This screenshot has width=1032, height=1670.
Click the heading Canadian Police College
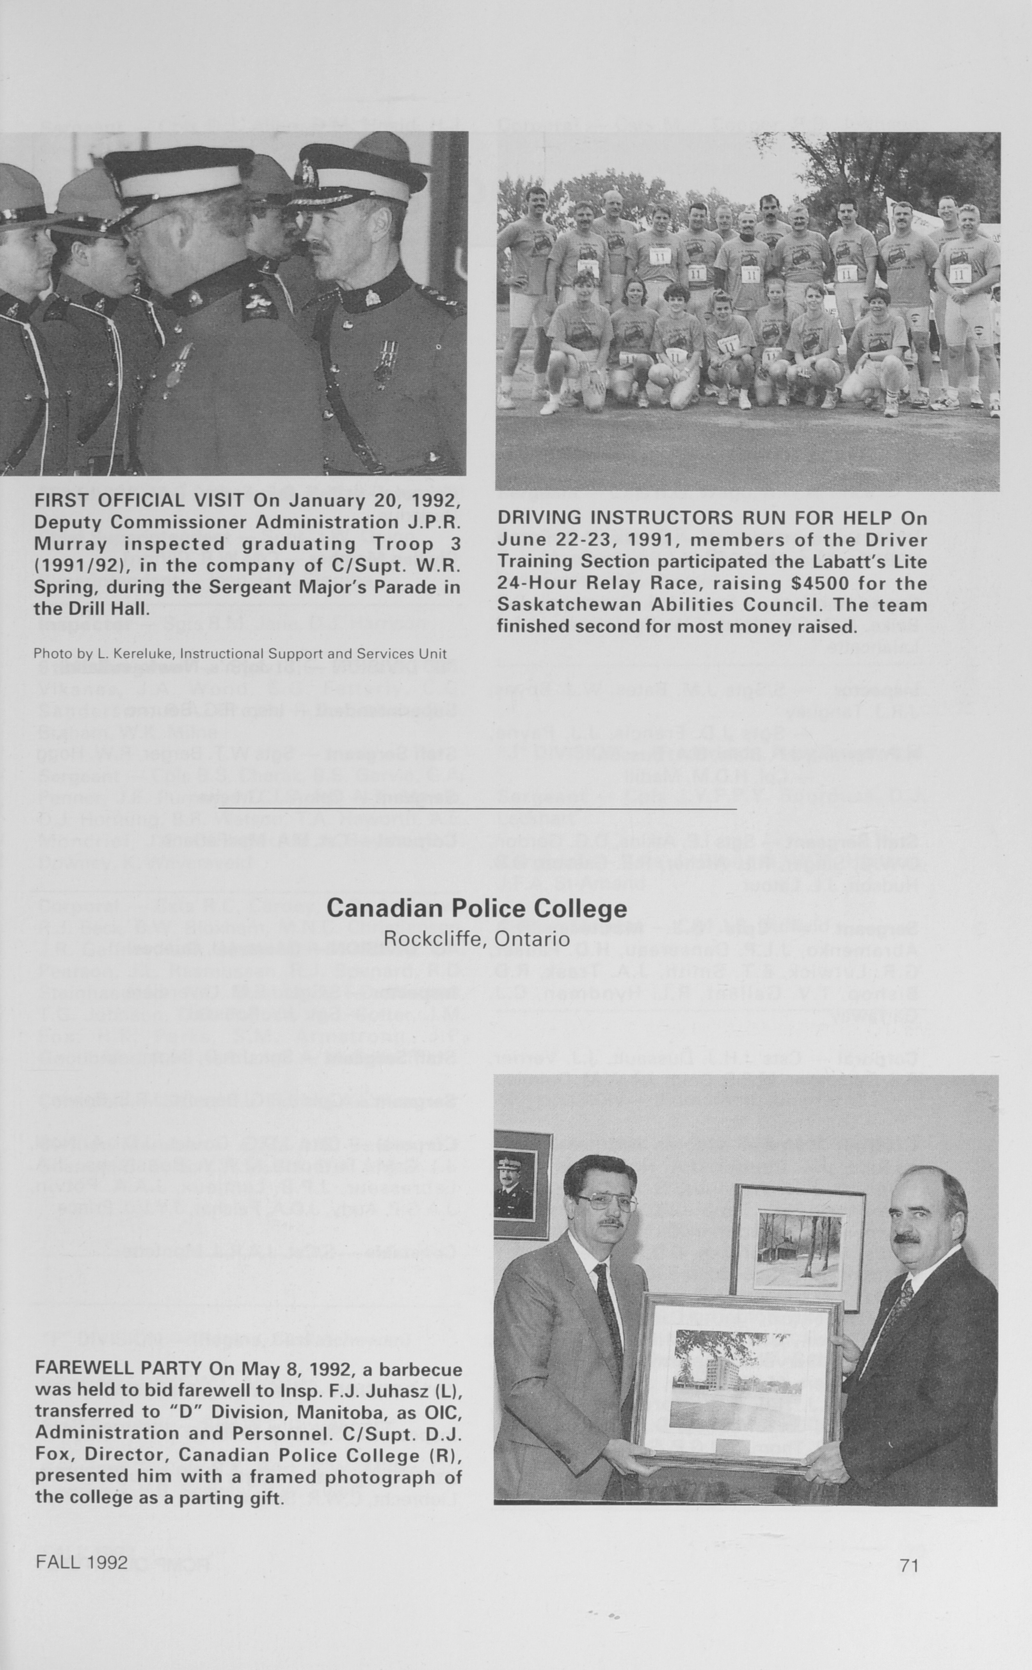[476, 908]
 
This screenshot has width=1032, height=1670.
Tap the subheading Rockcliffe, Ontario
[476, 938]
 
